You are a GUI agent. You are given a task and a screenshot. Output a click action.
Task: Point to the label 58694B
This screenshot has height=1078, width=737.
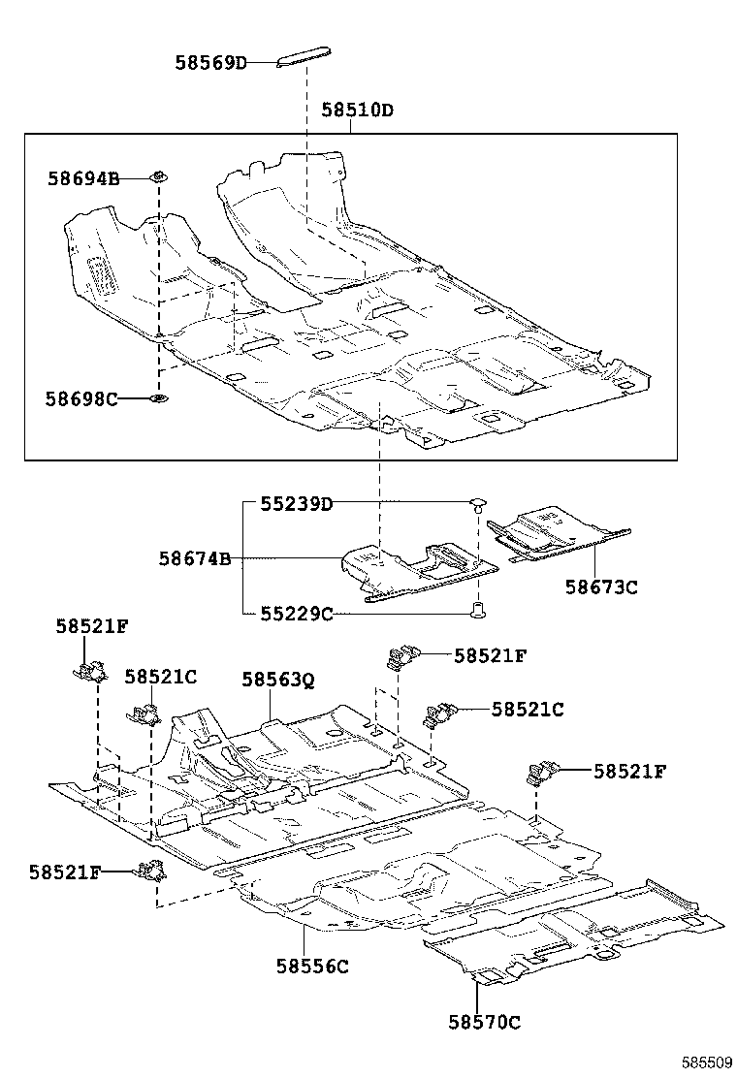(x=82, y=178)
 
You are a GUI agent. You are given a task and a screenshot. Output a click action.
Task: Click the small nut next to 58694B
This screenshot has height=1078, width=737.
(x=157, y=176)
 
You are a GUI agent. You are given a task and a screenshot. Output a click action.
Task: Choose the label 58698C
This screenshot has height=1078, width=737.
(x=82, y=398)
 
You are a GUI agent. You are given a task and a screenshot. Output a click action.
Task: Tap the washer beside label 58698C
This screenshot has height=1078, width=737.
(x=157, y=398)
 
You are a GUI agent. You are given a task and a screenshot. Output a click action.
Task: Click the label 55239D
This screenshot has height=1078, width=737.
(x=296, y=504)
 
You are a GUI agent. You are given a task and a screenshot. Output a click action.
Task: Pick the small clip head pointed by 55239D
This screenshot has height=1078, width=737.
(x=476, y=503)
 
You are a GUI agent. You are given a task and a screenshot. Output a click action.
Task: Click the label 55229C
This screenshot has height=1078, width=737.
(x=296, y=614)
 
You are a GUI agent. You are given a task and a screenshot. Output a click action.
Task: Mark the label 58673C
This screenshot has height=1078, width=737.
(x=601, y=587)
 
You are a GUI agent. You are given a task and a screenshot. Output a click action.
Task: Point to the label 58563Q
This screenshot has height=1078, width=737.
(x=278, y=681)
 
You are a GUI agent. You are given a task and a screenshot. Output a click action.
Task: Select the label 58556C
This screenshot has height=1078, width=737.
(x=312, y=966)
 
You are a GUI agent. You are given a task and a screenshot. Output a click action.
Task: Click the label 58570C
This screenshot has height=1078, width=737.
(x=484, y=1021)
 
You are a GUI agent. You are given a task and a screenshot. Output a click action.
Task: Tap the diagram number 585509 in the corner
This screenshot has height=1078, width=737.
(x=706, y=1063)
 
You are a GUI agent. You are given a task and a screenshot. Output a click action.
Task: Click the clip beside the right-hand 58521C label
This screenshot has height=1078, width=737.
(x=440, y=714)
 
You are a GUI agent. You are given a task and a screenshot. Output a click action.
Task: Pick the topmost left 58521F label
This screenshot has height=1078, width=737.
(x=91, y=626)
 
